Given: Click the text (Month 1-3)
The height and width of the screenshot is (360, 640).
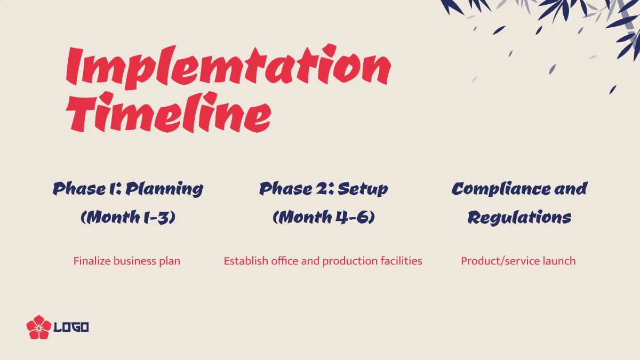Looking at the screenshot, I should pyautogui.click(x=128, y=218).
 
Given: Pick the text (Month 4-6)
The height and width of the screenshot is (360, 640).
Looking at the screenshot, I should pyautogui.click(x=323, y=218).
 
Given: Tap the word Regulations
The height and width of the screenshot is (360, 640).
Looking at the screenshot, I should pyautogui.click(x=519, y=218).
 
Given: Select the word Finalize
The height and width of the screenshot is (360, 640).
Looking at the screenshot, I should pyautogui.click(x=92, y=261).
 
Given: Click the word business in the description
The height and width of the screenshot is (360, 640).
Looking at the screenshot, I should pyautogui.click(x=135, y=261).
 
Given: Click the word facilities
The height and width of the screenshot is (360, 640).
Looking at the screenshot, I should pyautogui.click(x=401, y=261).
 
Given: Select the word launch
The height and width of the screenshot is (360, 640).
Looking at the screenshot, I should pyautogui.click(x=559, y=261).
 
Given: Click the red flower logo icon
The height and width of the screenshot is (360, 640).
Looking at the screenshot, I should pyautogui.click(x=38, y=327).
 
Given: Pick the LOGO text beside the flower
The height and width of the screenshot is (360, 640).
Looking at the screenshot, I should pyautogui.click(x=71, y=327).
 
